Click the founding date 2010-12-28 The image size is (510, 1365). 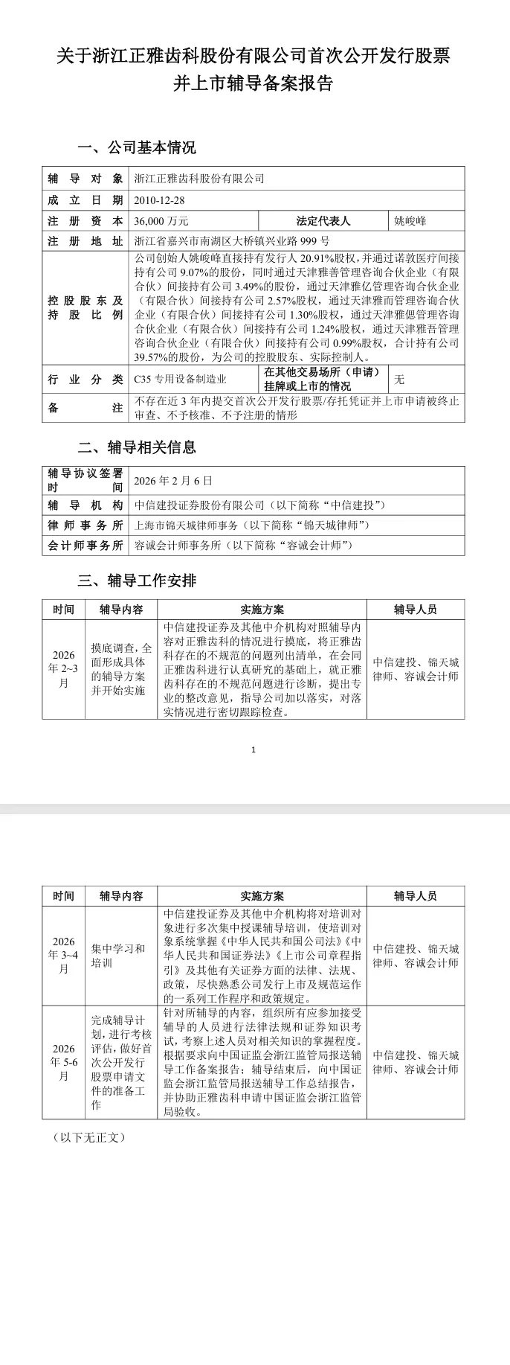click(x=159, y=200)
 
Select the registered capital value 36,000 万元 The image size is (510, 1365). click(x=161, y=221)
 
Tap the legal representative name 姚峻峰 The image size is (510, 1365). click(x=410, y=221)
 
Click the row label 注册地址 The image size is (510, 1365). click(x=85, y=241)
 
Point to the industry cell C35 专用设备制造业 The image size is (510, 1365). click(x=180, y=380)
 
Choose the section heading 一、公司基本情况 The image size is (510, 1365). click(x=137, y=147)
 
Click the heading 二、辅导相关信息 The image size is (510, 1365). click(x=137, y=447)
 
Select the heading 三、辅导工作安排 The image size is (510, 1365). click(x=137, y=581)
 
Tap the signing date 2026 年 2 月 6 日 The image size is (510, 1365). click(x=173, y=481)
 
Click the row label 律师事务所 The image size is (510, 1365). click(x=85, y=525)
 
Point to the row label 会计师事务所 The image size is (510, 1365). click(x=85, y=546)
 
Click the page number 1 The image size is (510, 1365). click(x=254, y=749)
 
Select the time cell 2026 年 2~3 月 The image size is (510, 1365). click(x=64, y=669)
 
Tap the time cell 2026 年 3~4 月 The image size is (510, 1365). click(x=64, y=956)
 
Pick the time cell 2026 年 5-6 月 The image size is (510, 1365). click(x=64, y=1062)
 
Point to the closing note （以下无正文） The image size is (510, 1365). click(x=89, y=1138)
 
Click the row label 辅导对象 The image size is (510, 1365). click(x=85, y=179)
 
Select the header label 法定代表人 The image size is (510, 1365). click(x=323, y=221)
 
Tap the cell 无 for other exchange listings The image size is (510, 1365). click(x=400, y=380)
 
